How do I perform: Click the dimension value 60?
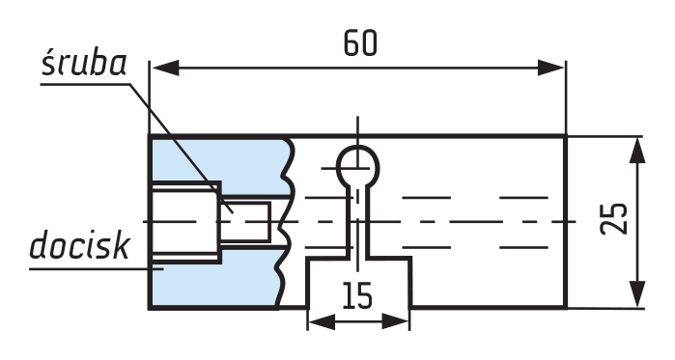point(360,43)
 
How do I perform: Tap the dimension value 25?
point(614,218)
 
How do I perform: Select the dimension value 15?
point(357,295)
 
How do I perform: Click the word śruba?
point(84,65)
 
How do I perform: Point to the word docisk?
point(79,245)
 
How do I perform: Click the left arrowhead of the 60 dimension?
point(165,68)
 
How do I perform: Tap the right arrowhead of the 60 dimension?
point(550,68)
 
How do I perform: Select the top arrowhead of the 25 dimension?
point(637,151)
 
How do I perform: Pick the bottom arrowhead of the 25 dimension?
point(637,294)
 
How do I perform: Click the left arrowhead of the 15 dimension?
point(322,321)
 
